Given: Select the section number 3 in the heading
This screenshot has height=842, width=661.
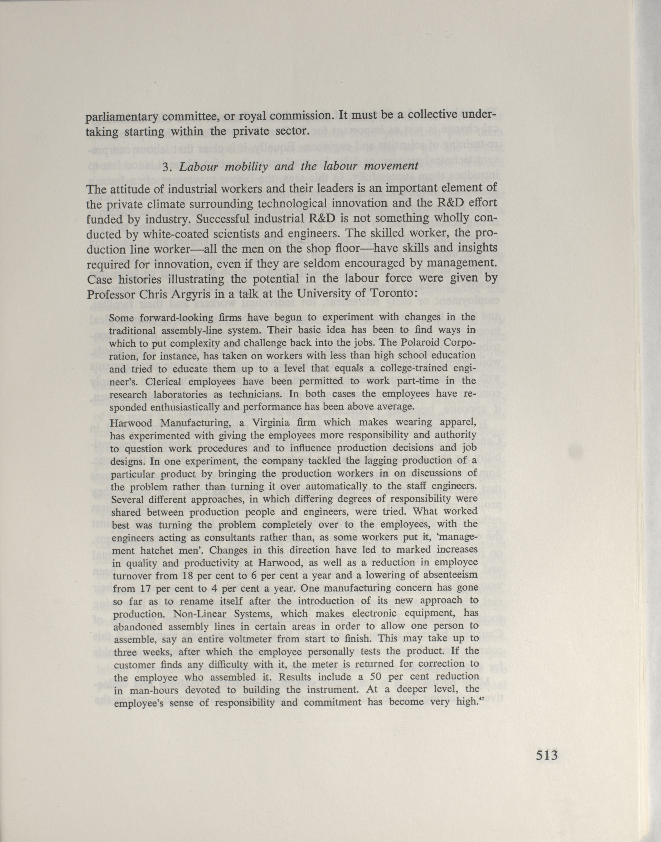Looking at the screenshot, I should (165, 166).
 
